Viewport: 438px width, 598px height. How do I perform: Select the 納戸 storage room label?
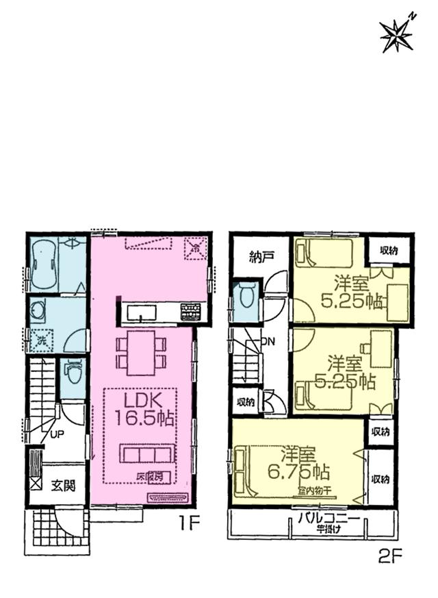click(x=261, y=257)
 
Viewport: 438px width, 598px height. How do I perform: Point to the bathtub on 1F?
click(x=42, y=264)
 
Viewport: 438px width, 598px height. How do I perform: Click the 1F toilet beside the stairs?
click(x=72, y=373)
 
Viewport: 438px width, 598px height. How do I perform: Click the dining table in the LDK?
click(x=141, y=351)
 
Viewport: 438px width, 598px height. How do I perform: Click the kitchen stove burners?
click(x=191, y=312)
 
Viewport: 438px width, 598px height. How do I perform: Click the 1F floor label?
click(x=188, y=525)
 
